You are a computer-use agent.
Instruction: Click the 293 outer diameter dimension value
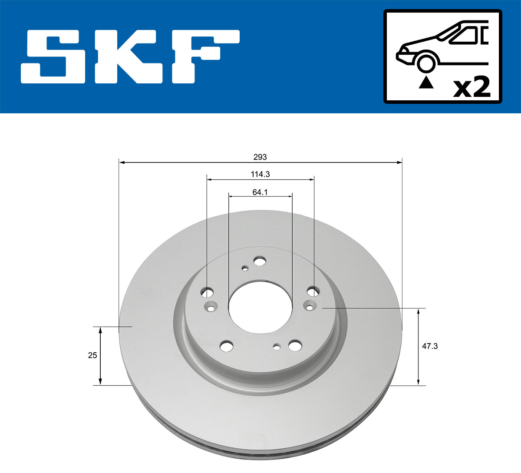(260, 157)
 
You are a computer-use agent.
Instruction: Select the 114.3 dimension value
(260, 174)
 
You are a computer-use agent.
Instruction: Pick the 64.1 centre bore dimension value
(260, 192)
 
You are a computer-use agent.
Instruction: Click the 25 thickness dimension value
(92, 355)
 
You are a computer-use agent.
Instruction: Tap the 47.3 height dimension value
(430, 346)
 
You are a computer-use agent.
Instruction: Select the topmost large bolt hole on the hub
(260, 261)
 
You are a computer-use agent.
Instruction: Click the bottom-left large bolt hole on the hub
(226, 346)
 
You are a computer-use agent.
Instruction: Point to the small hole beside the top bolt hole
(245, 268)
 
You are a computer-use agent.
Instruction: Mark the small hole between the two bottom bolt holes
(276, 346)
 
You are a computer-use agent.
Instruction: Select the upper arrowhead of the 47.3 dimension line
(419, 311)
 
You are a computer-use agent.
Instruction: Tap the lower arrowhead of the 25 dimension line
(100, 382)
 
